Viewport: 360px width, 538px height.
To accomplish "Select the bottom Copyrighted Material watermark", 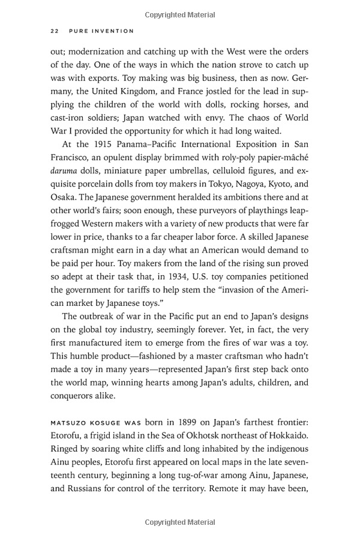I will click(180, 522).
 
